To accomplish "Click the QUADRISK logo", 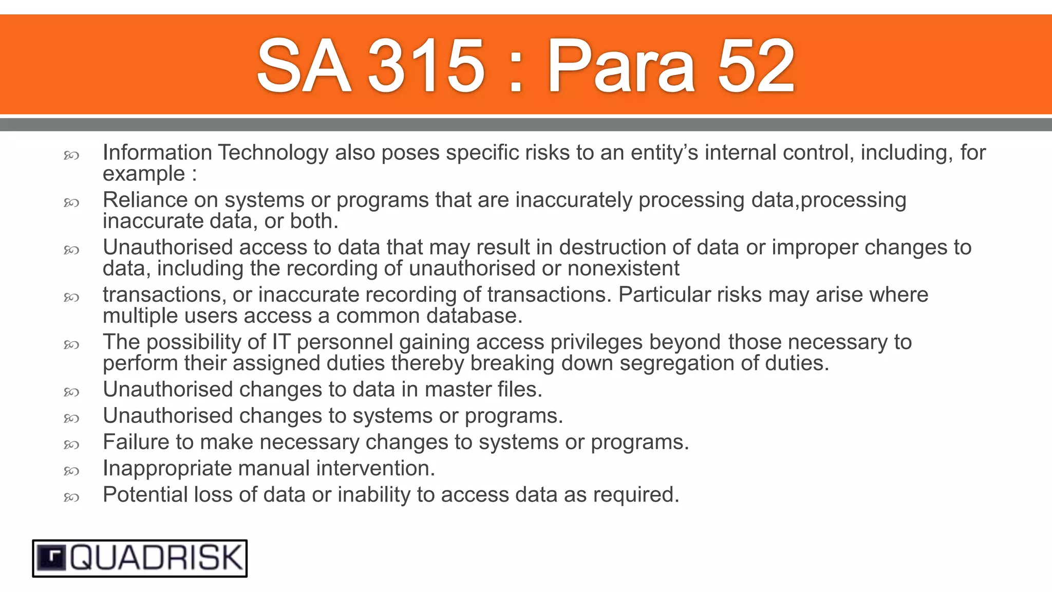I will pyautogui.click(x=140, y=558).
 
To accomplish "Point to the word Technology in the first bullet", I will pyautogui.click(x=273, y=153).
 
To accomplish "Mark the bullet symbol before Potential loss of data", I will pyautogui.click(x=71, y=497).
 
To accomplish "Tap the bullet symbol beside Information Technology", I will pyautogui.click(x=71, y=155).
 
